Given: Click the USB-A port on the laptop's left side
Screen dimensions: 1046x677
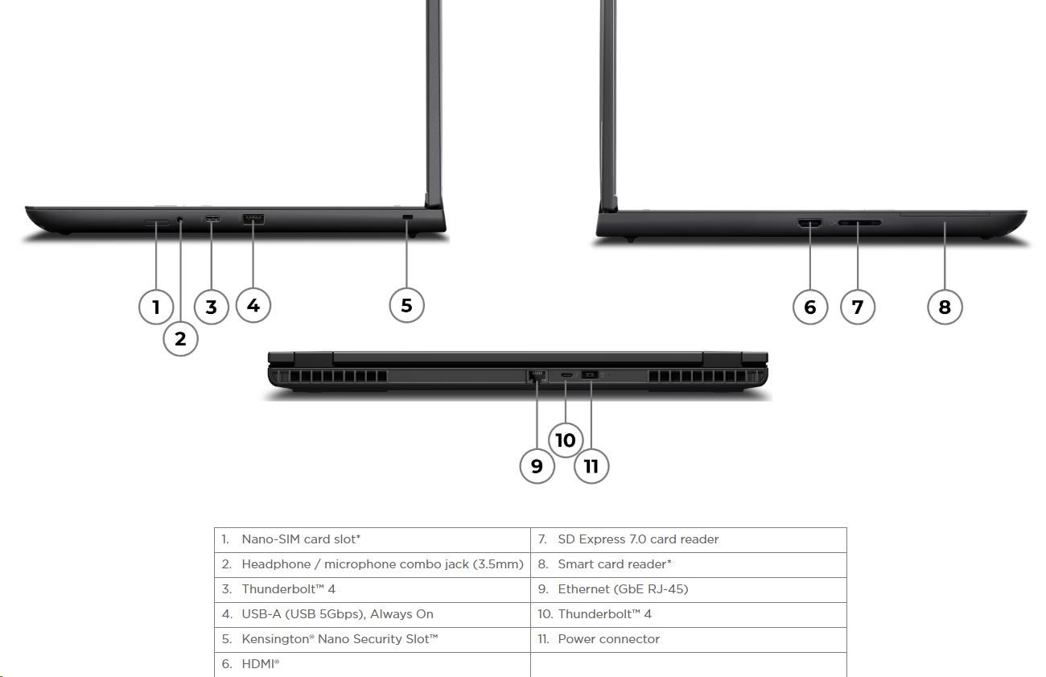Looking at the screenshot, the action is [253, 219].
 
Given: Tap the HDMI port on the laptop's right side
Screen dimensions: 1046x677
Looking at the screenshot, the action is [809, 223].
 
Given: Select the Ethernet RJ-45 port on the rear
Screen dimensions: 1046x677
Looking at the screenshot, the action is [537, 376].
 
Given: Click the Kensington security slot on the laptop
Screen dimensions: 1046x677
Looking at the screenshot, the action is [408, 217].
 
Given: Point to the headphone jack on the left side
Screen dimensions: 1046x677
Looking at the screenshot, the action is [180, 219].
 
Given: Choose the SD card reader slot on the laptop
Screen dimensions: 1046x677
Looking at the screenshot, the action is [859, 223].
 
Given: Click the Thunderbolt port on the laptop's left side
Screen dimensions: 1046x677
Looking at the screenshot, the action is [212, 219].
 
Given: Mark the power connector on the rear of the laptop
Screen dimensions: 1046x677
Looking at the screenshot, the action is [590, 374].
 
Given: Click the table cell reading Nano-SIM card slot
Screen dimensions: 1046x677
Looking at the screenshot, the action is [373, 540].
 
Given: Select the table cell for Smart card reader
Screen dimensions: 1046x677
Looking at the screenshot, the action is [688, 565].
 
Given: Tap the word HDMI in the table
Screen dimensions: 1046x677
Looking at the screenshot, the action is [257, 664].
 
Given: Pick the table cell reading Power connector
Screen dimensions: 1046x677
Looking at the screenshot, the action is [688, 640].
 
